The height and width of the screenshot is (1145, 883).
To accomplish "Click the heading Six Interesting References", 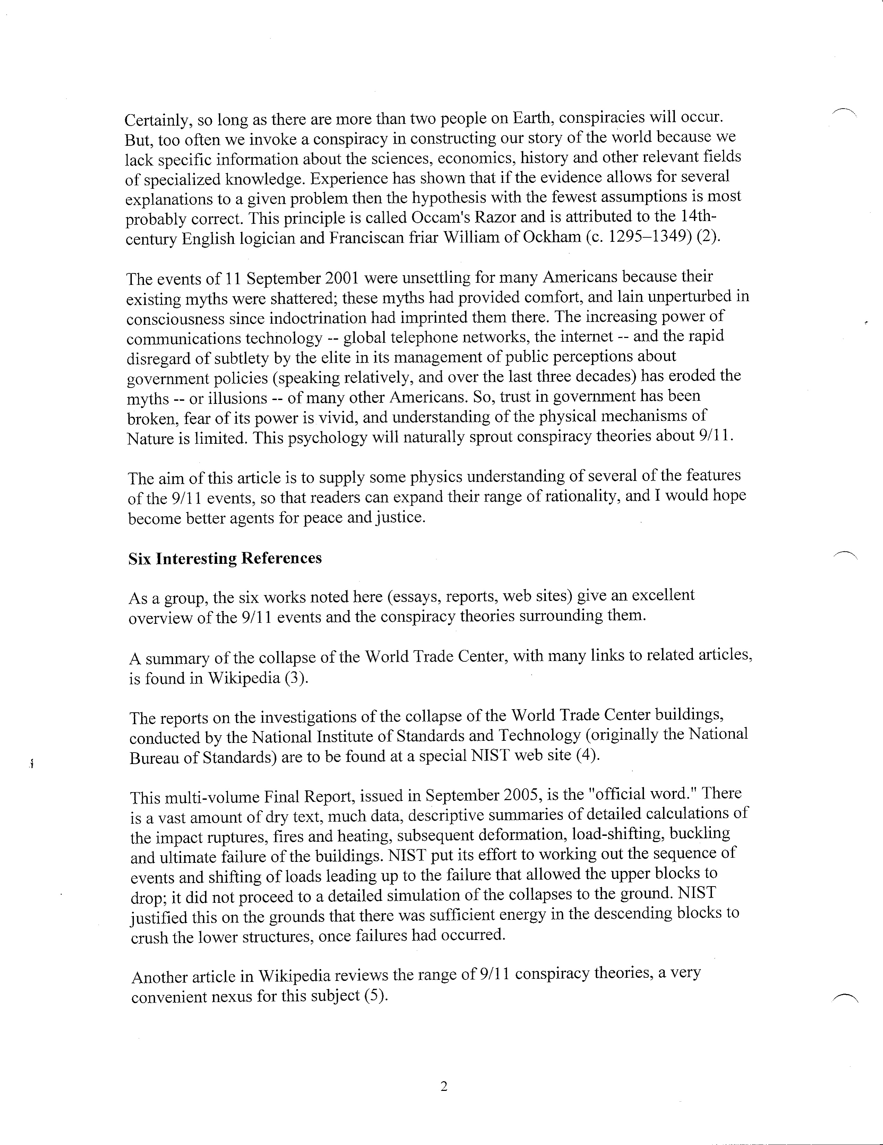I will tap(225, 558).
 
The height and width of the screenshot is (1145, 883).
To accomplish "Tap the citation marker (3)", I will tap(296, 678).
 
